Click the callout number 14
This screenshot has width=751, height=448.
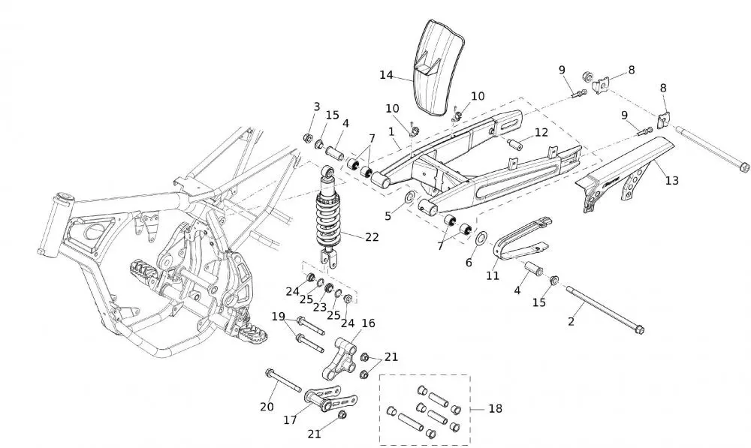pyautogui.click(x=386, y=75)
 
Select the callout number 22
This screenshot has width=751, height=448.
pyautogui.click(x=371, y=237)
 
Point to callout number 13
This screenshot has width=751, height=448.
pyautogui.click(x=671, y=180)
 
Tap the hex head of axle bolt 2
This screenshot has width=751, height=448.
pyautogui.click(x=639, y=329)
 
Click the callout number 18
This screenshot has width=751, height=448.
pyautogui.click(x=494, y=409)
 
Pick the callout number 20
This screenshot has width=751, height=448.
pyautogui.click(x=267, y=407)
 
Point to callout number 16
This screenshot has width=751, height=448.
pyautogui.click(x=368, y=323)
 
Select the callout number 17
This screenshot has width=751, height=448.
pyautogui.click(x=291, y=420)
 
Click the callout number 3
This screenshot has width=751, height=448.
pyautogui.click(x=316, y=107)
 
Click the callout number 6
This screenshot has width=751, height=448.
pyautogui.click(x=470, y=263)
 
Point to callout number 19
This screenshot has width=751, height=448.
pyautogui.click(x=278, y=316)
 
